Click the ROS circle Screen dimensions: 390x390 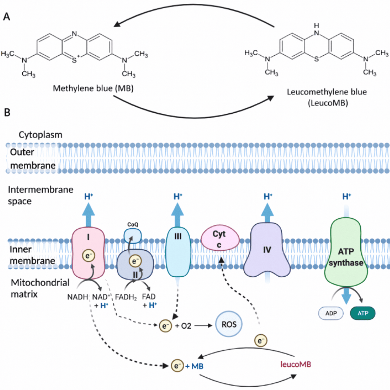tap(229, 324)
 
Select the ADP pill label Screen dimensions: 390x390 tap(331, 313)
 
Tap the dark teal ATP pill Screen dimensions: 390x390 tap(363, 313)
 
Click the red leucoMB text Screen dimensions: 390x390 tap(296, 364)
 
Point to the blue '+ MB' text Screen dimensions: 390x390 tap(194, 366)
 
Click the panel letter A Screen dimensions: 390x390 tap(6, 17)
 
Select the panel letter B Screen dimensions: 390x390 tap(7, 112)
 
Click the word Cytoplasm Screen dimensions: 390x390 tap(40, 135)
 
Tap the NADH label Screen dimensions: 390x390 tap(77, 297)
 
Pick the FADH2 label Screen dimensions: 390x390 tap(126, 297)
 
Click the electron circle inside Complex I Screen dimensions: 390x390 tap(88, 256)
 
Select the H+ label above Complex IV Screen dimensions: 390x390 tap(268, 197)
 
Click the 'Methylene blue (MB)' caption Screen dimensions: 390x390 tap(93, 88)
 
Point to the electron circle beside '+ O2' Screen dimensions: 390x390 tap(165, 326)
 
